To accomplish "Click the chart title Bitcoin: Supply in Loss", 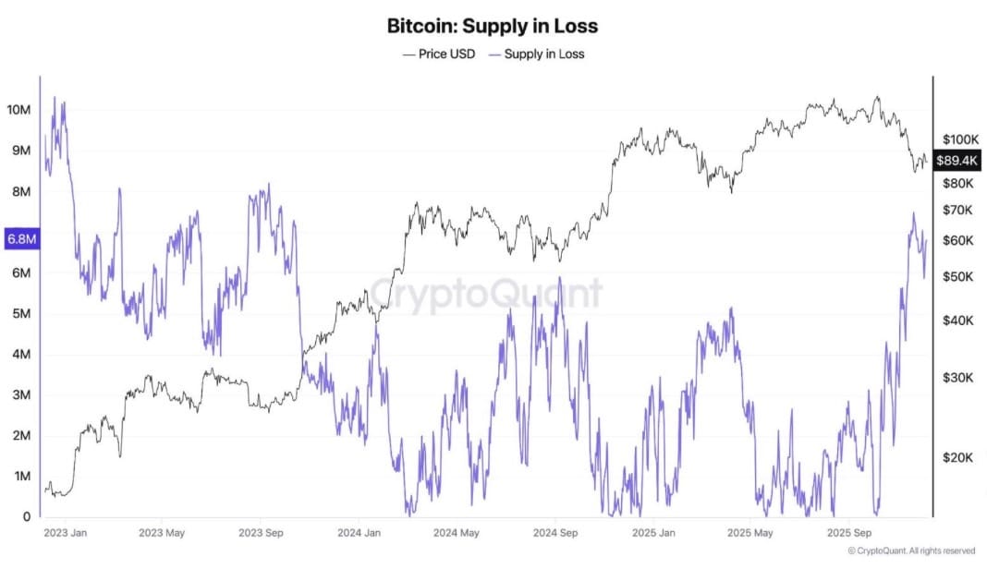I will (x=493, y=26).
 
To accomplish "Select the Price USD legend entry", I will (x=439, y=54).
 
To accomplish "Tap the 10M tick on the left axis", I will (x=19, y=110).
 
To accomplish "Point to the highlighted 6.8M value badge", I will (x=20, y=239).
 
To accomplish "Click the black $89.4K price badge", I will (x=957, y=161).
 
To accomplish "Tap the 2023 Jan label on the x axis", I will (x=67, y=533).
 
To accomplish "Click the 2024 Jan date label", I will (x=359, y=533).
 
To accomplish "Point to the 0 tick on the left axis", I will (x=26, y=516).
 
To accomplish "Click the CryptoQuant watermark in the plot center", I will (x=486, y=295).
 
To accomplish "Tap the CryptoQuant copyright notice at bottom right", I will (x=910, y=551).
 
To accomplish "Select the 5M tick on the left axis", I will (x=19, y=313).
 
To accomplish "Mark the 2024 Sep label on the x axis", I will (x=556, y=533).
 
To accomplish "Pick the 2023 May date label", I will (x=163, y=533).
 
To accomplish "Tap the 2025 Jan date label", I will (x=653, y=533).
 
